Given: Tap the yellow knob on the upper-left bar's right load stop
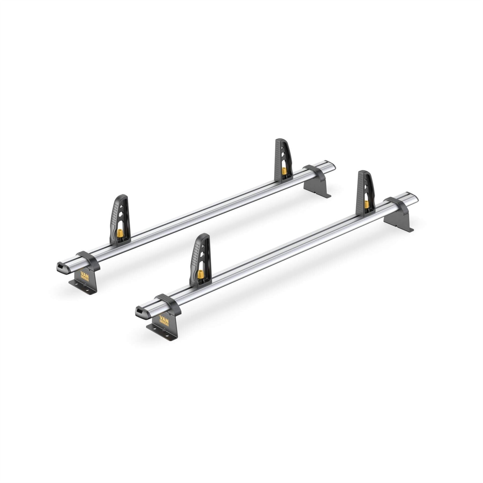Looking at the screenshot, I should pos(283,171).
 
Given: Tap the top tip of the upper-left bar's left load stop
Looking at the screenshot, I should pos(123,196).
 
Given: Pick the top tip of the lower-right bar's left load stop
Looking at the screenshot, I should pos(204,234).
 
